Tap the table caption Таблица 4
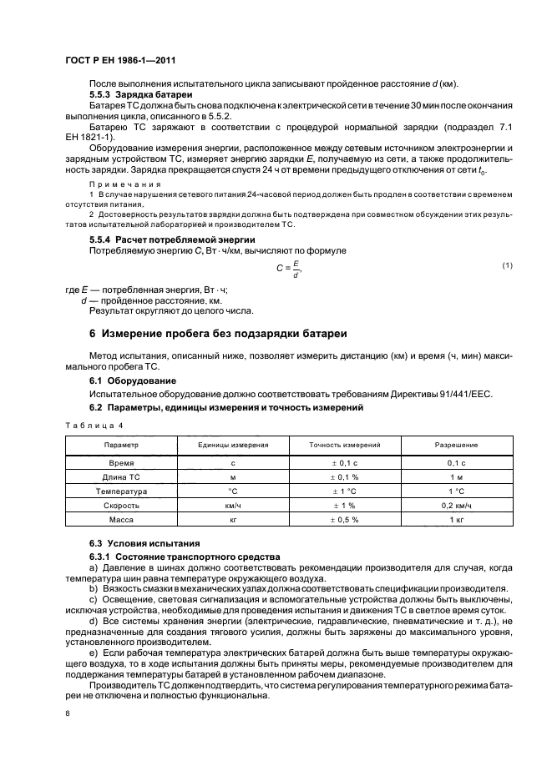pos(88,424)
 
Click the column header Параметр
pos(121,446)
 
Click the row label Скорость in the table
pos(121,506)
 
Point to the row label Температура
pos(121,491)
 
